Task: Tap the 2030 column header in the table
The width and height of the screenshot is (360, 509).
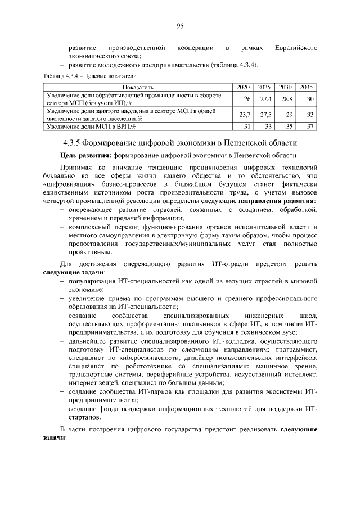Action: tap(285, 88)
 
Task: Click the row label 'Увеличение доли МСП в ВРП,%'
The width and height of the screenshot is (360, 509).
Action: tap(92, 127)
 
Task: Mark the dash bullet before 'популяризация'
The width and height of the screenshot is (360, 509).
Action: tap(62, 281)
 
